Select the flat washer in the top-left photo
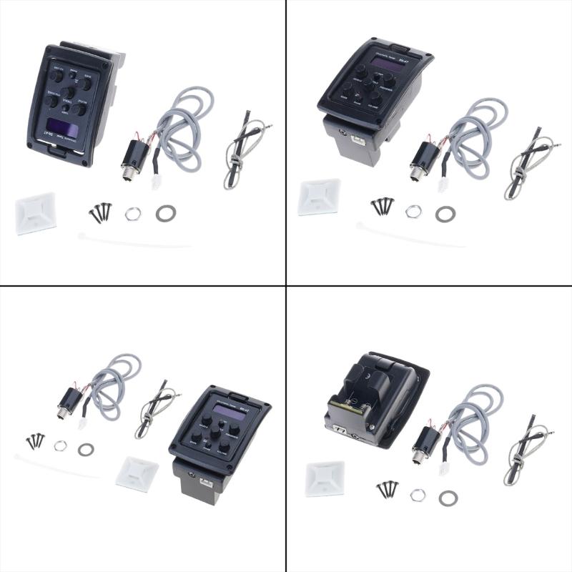click(166, 212)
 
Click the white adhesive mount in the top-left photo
click(36, 216)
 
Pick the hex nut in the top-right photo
click(413, 212)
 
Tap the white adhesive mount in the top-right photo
click(319, 197)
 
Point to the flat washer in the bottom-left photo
click(86, 449)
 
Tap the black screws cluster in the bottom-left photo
click(35, 440)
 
